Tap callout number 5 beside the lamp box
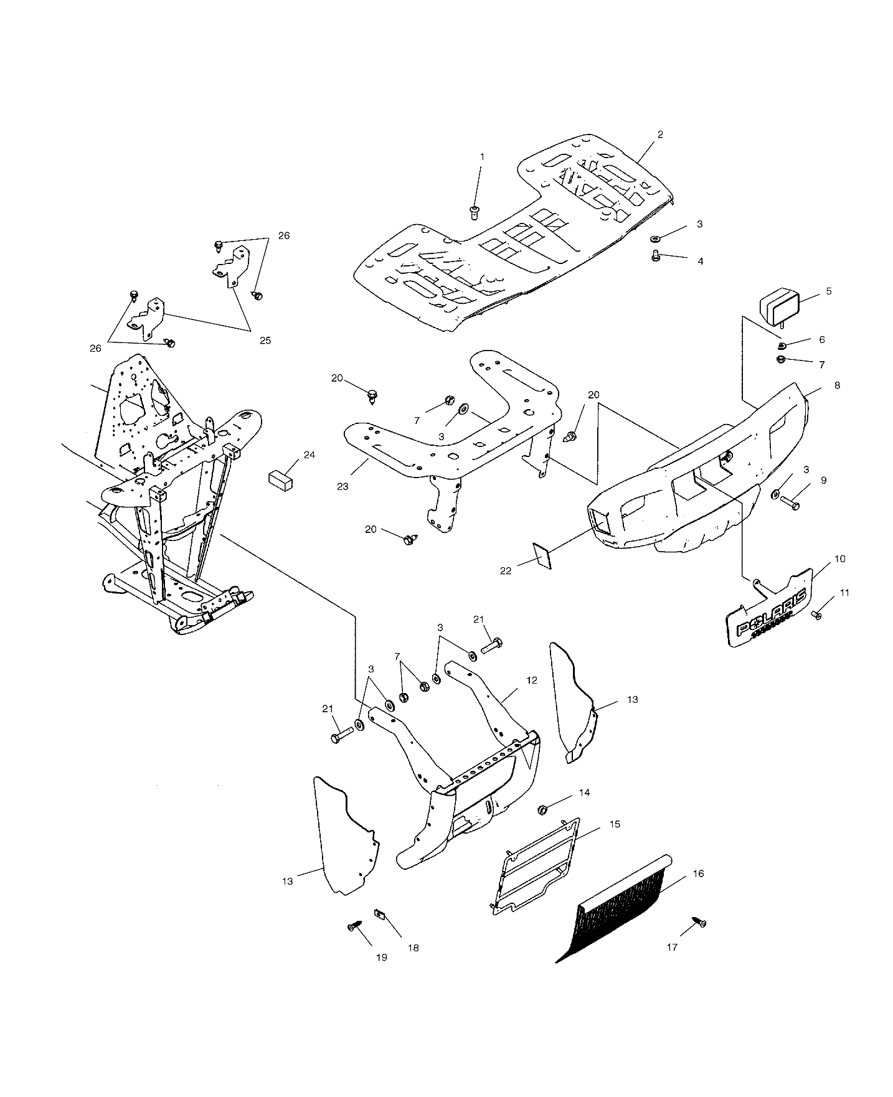828,291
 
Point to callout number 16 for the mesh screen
698,873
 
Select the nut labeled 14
542,809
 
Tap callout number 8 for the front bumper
837,385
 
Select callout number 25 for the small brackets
265,341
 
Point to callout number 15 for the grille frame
615,824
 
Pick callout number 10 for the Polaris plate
839,559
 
